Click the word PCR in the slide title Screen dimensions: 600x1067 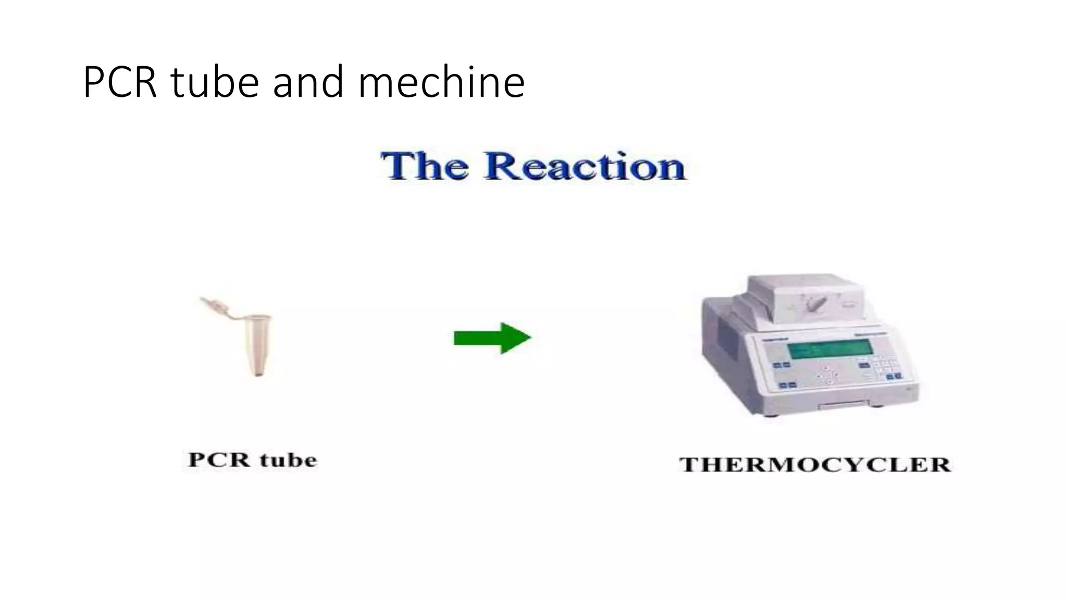(x=120, y=82)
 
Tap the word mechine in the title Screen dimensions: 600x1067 (x=441, y=82)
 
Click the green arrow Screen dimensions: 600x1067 (x=492, y=338)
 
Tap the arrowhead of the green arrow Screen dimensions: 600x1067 (x=516, y=338)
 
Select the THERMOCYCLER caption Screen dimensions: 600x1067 (x=815, y=465)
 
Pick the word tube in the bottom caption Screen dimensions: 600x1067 (x=288, y=460)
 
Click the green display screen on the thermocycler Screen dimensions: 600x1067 (x=829, y=349)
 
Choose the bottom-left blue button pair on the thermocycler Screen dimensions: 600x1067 (x=787, y=385)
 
